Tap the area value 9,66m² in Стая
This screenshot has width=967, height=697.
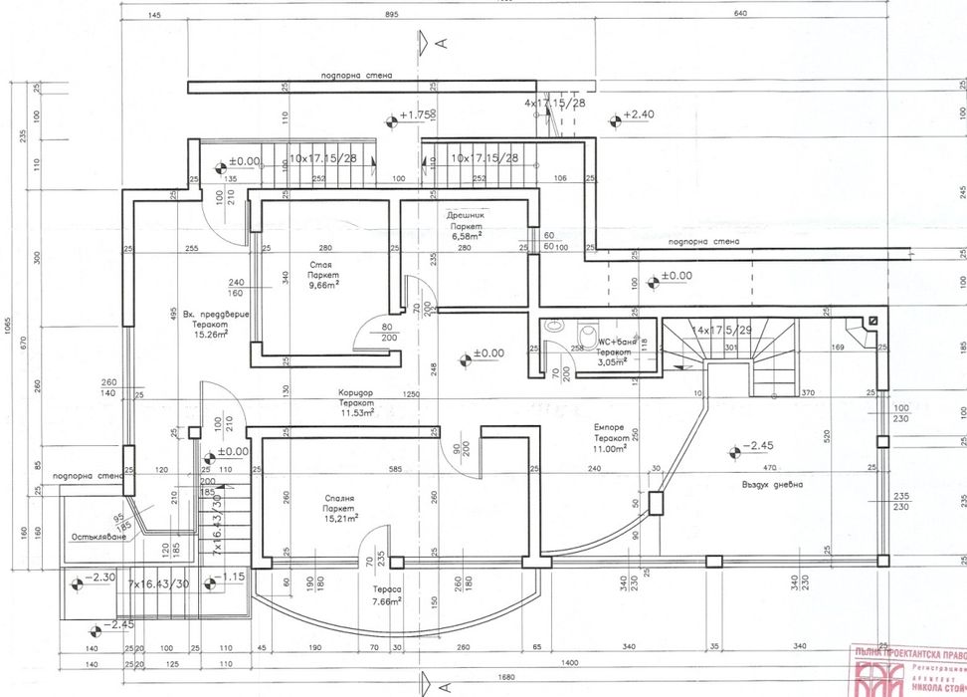[x=323, y=285]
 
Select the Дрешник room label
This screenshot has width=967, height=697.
[x=466, y=215]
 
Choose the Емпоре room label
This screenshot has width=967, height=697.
[x=612, y=426]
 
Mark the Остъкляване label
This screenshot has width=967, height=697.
[x=97, y=537]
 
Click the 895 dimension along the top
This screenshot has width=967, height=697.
[x=391, y=15]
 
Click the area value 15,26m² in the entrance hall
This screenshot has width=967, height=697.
[x=211, y=334]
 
